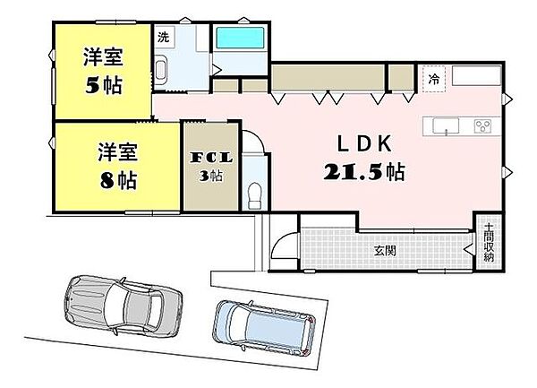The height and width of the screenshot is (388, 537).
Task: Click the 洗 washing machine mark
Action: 163,38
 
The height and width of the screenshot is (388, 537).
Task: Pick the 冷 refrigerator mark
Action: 435,79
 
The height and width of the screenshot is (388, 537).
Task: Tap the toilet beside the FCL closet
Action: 254,192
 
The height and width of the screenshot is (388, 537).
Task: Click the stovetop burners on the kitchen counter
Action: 482,126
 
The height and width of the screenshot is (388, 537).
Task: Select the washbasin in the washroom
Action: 163,71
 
